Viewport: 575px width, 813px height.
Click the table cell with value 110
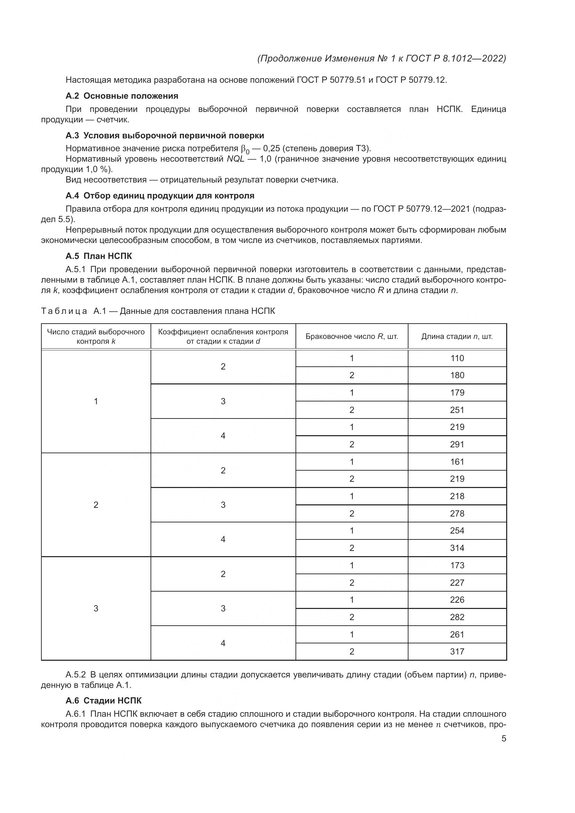click(x=457, y=358)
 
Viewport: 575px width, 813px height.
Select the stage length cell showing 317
click(x=457, y=651)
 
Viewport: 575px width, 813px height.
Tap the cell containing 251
click(x=457, y=410)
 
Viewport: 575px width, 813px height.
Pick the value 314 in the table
click(x=457, y=548)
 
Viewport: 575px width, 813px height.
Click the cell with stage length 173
click(x=457, y=565)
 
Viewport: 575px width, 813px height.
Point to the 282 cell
click(x=457, y=617)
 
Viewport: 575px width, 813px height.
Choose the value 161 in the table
click(x=457, y=462)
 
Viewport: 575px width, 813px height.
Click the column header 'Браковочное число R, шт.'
click(x=351, y=336)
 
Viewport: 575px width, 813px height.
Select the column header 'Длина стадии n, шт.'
click(x=457, y=336)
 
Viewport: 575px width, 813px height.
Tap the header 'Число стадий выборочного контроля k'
click(x=96, y=336)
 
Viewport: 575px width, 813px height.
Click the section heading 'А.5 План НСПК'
click(x=98, y=256)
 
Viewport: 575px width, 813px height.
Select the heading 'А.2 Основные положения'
click(x=122, y=96)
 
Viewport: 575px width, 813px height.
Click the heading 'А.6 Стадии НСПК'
click(x=103, y=700)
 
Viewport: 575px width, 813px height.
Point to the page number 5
click(x=504, y=739)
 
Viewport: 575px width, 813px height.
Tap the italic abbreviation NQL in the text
click(x=235, y=159)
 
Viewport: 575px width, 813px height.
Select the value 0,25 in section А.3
click(x=272, y=148)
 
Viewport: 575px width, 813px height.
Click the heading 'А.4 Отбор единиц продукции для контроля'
click(x=160, y=196)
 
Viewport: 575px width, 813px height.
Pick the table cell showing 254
click(x=457, y=530)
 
